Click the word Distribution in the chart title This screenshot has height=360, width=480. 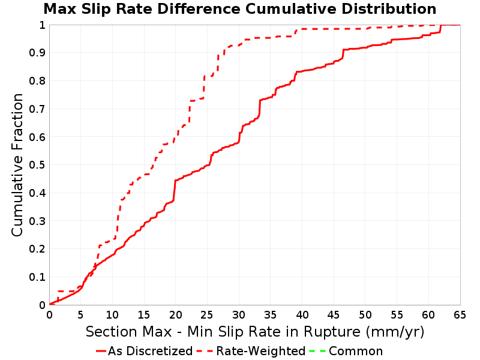[x=389, y=9]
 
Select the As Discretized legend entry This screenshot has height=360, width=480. [x=144, y=351]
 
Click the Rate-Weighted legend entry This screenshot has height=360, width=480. [x=251, y=351]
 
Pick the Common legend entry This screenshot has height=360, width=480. [x=346, y=351]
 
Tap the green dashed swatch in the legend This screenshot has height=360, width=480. [x=317, y=351]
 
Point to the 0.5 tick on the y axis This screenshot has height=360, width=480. [x=37, y=165]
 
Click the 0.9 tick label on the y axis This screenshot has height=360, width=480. [x=37, y=53]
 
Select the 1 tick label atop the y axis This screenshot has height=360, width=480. [x=42, y=25]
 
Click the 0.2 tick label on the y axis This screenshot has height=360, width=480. [x=37, y=249]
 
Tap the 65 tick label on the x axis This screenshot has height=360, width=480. [x=460, y=314]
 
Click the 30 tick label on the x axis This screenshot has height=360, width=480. [x=239, y=314]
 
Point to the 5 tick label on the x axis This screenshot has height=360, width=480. [x=81, y=314]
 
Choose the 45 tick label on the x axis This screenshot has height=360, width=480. [x=334, y=314]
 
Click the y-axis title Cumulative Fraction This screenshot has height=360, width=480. [x=17, y=165]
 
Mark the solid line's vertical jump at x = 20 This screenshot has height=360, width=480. [x=175, y=190]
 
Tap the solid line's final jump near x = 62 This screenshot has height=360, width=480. [x=440, y=28]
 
